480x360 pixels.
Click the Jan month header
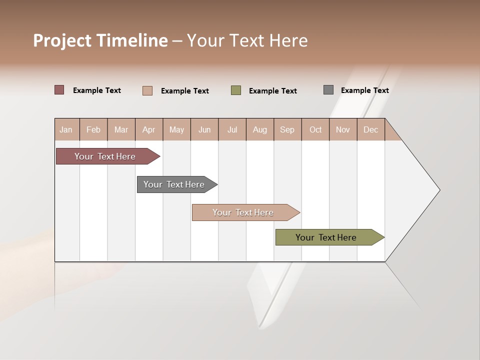coord(66,129)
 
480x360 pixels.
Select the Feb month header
coord(93,129)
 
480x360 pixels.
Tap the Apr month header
coord(149,129)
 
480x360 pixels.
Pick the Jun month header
coord(204,129)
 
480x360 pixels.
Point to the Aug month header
coord(260,129)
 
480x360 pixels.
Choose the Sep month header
coord(287,129)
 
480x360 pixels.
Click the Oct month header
coord(315,129)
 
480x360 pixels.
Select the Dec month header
coord(371,129)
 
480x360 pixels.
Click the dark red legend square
coord(59,90)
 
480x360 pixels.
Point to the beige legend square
coord(147,90)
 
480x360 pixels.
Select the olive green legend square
coord(236,90)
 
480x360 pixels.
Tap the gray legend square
coord(328,90)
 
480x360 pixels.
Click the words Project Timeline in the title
coord(100,40)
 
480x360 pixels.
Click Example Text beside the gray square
coord(364,90)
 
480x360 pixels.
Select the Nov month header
coord(343,129)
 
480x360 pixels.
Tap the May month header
coord(176,129)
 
